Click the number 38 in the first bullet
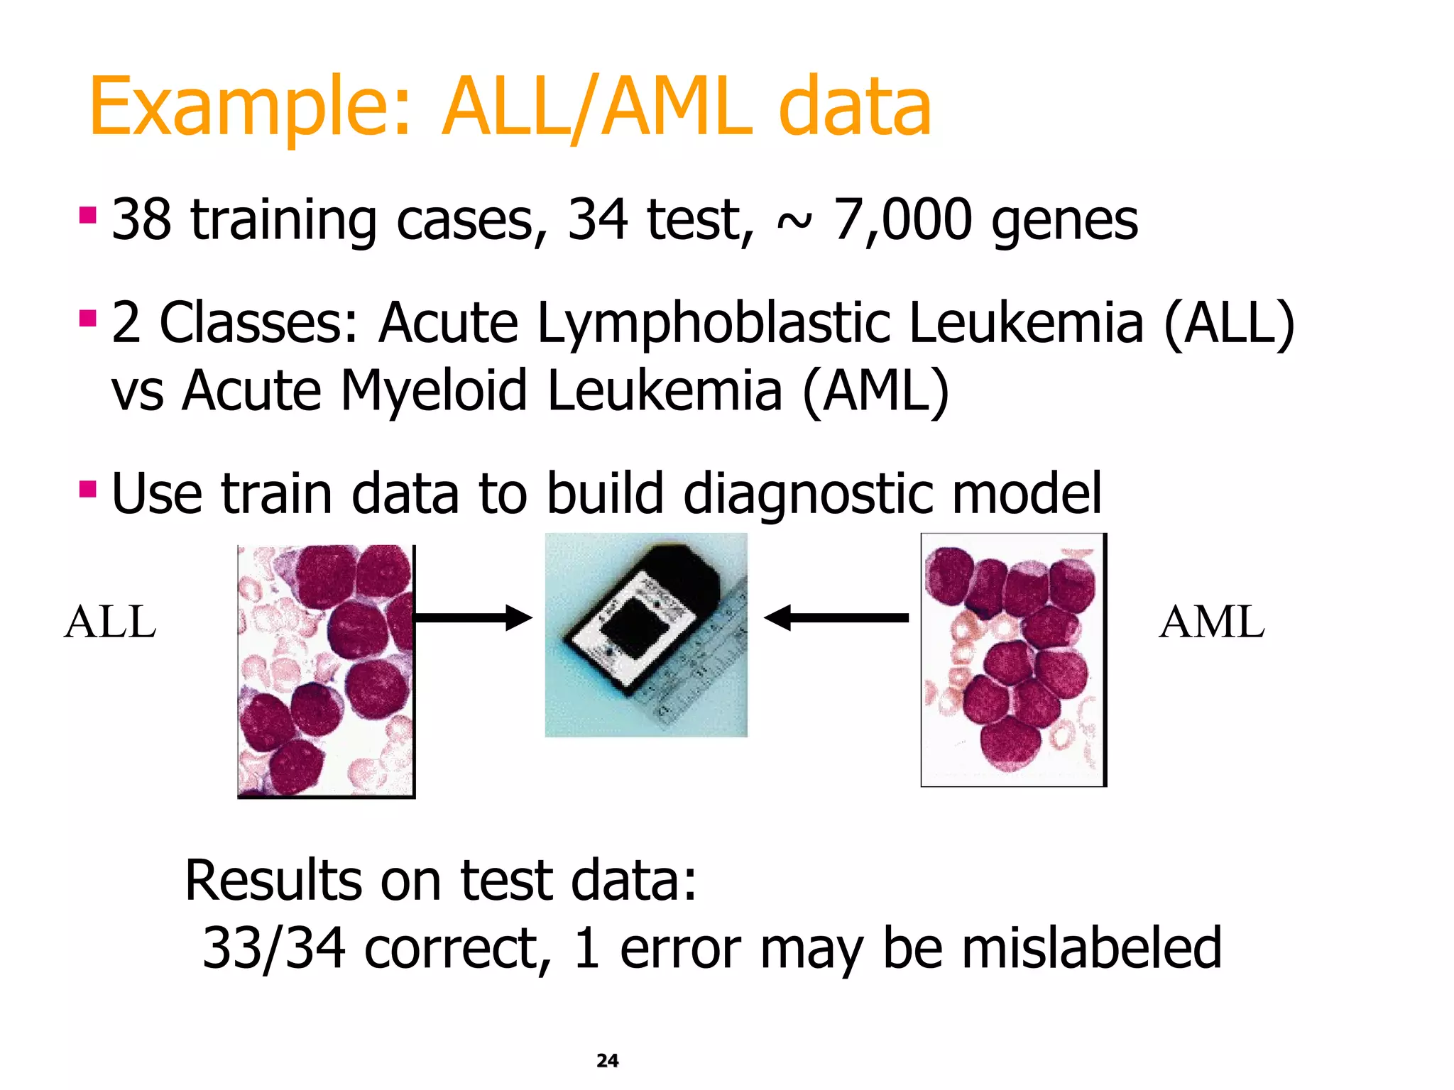(x=141, y=219)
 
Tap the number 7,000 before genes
(x=902, y=219)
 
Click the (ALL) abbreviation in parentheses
(x=1229, y=323)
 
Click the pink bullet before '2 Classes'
(x=87, y=316)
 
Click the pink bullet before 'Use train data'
(x=87, y=489)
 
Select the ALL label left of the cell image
(x=110, y=622)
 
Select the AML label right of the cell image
(x=1211, y=622)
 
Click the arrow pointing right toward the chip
(x=472, y=617)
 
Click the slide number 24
(x=607, y=1060)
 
